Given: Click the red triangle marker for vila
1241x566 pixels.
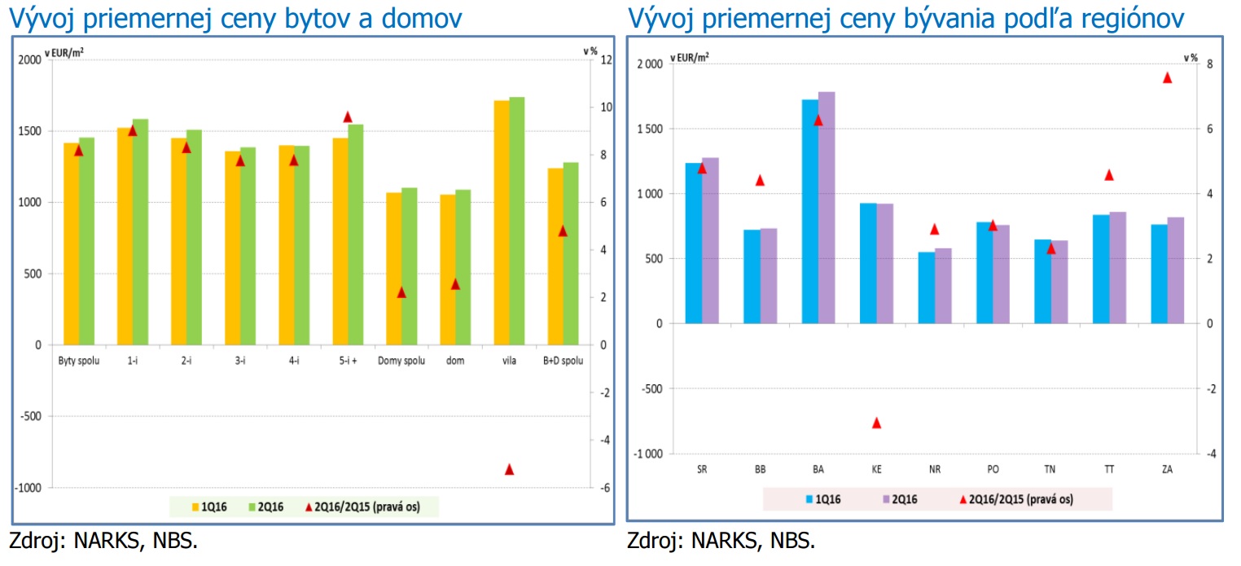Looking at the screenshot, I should [x=510, y=470].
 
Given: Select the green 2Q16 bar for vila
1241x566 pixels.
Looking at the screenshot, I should [x=517, y=220].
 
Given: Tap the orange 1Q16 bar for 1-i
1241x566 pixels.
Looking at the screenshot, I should [x=125, y=236].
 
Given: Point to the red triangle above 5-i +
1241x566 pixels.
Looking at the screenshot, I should [x=348, y=117].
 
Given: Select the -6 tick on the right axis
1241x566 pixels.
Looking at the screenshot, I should [x=603, y=488].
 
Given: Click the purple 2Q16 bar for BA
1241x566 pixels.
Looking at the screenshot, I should [x=827, y=208].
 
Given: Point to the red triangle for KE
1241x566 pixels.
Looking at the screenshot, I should [x=877, y=423].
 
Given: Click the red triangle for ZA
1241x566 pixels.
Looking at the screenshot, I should [x=1167, y=78].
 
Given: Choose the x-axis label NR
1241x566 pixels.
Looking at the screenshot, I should [x=935, y=470].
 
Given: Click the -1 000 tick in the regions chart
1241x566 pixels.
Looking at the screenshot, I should [x=651, y=454].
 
